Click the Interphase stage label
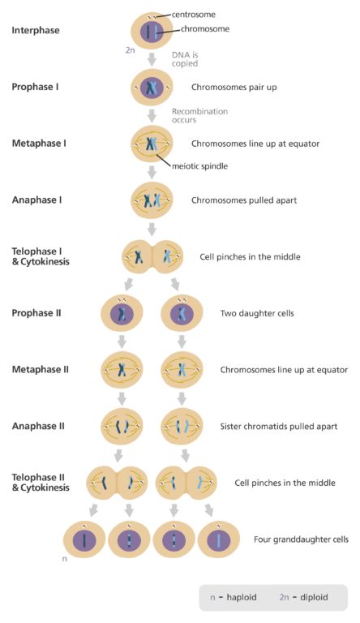(x=36, y=31)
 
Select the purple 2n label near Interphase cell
(x=130, y=50)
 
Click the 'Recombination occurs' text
(x=199, y=115)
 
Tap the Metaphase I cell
(x=152, y=144)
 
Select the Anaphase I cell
(x=152, y=200)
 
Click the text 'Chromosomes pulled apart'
(x=244, y=200)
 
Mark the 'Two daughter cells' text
(x=257, y=313)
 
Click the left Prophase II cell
(x=122, y=313)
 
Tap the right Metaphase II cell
(x=182, y=370)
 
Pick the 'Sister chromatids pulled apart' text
(x=278, y=426)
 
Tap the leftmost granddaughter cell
(x=85, y=539)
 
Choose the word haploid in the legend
(x=242, y=597)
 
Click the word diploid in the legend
(x=314, y=597)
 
